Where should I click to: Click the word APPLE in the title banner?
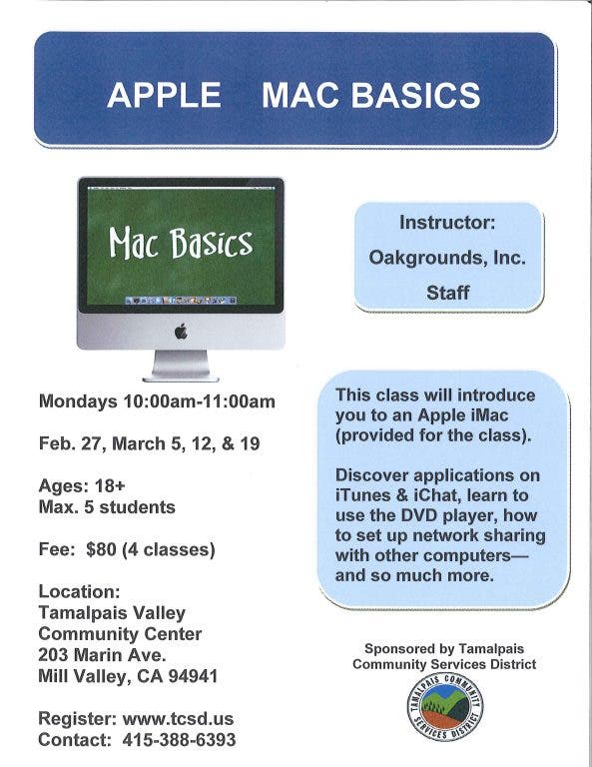click(164, 95)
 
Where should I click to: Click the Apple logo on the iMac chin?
click(181, 332)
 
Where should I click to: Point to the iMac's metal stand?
click(181, 366)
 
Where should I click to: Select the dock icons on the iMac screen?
click(181, 300)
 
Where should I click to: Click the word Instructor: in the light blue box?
click(447, 223)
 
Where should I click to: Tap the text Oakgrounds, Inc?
click(447, 258)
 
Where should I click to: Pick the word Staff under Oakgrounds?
click(448, 293)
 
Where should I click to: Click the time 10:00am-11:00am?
click(199, 401)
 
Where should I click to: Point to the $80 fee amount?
click(101, 549)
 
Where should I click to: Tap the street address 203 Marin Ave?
click(102, 654)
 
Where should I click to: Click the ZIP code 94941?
click(193, 676)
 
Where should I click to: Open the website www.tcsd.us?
click(178, 719)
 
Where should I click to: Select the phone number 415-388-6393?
click(179, 740)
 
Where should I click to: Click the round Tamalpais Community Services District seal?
click(445, 707)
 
